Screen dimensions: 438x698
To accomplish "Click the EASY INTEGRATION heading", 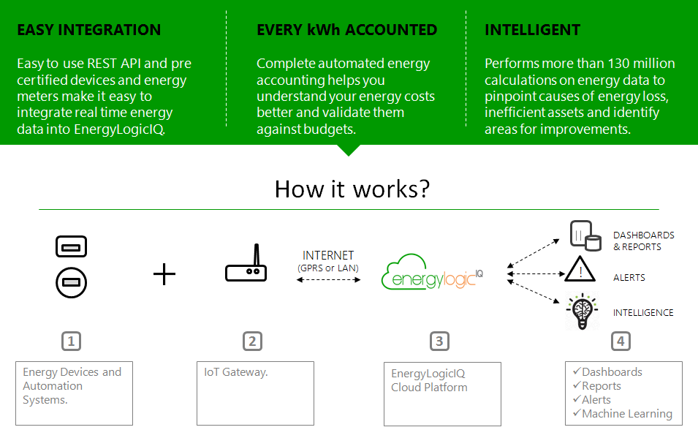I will click(x=88, y=30).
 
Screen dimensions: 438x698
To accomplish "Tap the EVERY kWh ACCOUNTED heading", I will click(x=346, y=30).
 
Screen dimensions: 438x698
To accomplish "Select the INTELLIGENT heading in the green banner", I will click(x=532, y=30).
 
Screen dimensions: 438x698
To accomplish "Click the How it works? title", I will click(x=352, y=189).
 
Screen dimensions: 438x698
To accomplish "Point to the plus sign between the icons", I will click(x=164, y=274).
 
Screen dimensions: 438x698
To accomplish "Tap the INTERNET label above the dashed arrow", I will click(x=328, y=255).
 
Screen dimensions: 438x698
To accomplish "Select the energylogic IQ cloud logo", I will click(x=432, y=275).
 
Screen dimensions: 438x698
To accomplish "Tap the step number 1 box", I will click(x=71, y=341).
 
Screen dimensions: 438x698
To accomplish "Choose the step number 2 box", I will click(x=252, y=341).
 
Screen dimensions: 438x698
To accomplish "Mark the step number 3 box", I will click(x=439, y=341).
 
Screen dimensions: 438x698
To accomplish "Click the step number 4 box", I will click(x=620, y=341).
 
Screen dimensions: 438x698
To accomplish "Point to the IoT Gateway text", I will click(x=236, y=372).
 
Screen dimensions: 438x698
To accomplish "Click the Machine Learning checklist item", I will click(x=626, y=414).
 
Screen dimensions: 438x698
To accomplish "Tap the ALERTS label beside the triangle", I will click(x=629, y=278).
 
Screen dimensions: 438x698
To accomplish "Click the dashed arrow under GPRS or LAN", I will click(x=328, y=280).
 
